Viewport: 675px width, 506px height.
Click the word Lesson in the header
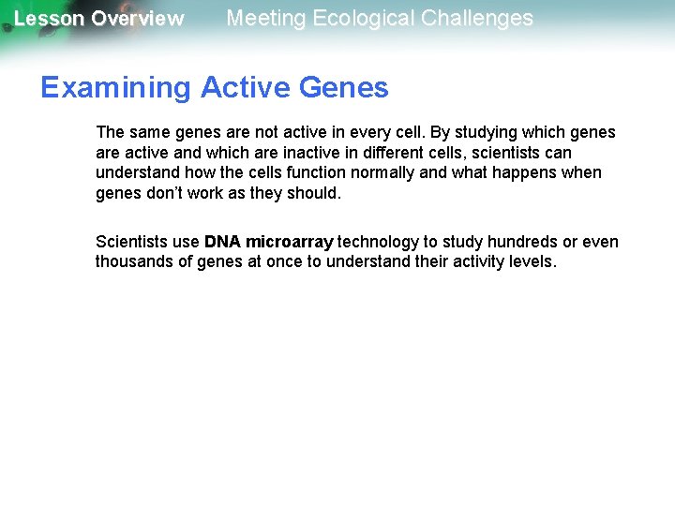pos(48,19)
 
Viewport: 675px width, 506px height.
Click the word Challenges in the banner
pos(481,18)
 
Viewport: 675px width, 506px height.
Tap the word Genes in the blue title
pos(344,88)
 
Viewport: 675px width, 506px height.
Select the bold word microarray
pos(289,242)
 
